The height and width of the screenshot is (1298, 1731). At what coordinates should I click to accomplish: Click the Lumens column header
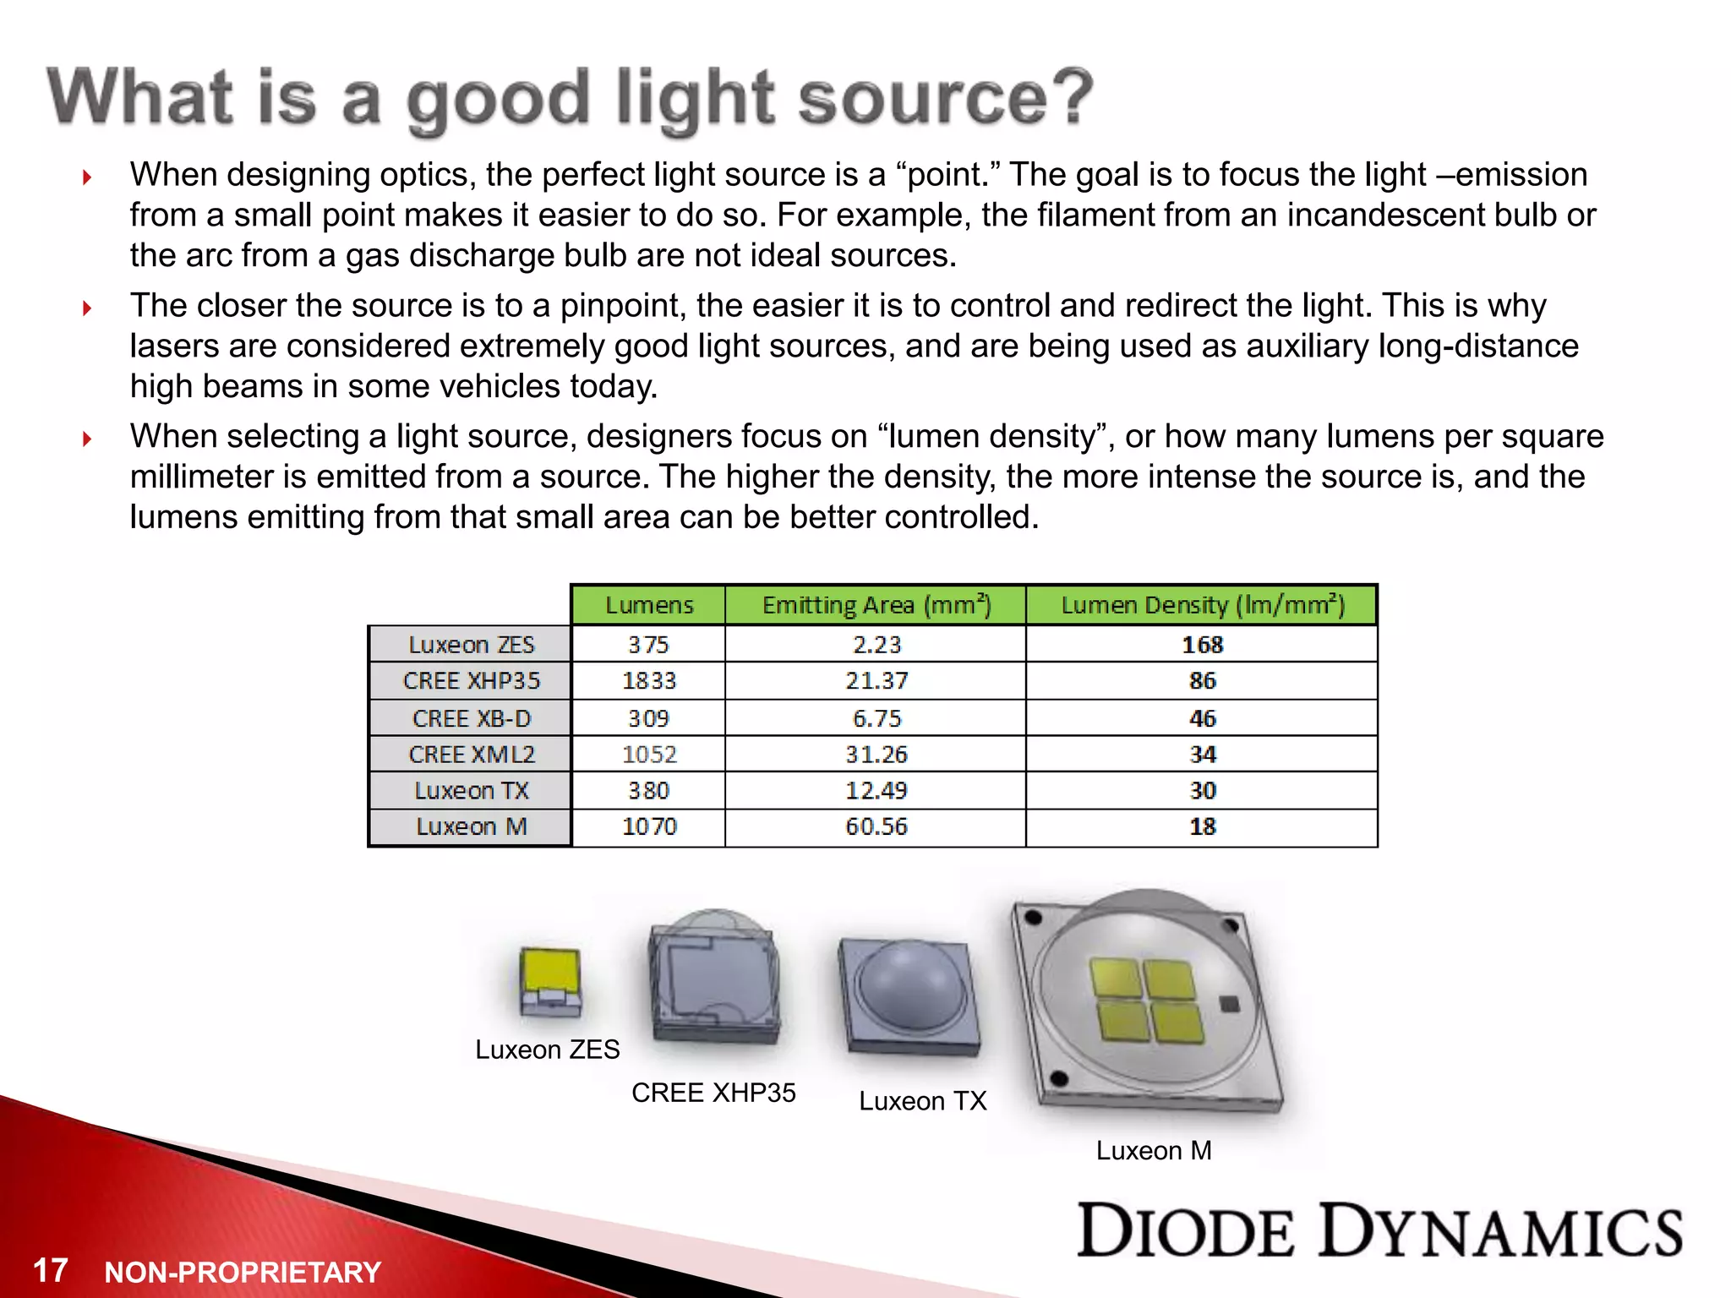tap(648, 605)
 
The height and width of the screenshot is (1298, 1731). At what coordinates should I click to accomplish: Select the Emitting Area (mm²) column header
tap(876, 605)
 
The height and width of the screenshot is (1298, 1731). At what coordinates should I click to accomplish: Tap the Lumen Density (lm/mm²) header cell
tap(1202, 605)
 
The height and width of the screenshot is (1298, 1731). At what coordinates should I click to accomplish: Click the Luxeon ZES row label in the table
tap(471, 645)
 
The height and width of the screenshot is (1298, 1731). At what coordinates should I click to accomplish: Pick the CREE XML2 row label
tap(471, 754)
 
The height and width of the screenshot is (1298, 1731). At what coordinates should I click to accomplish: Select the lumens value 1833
tap(649, 681)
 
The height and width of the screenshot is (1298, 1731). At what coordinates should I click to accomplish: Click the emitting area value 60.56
tap(876, 826)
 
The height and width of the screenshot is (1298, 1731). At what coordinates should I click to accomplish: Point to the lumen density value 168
tap(1202, 645)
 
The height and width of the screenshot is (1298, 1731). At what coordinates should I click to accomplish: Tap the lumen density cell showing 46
tap(1202, 718)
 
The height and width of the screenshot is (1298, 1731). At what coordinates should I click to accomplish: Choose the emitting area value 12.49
tap(876, 791)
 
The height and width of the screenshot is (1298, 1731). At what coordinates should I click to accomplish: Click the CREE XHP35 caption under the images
tap(713, 1093)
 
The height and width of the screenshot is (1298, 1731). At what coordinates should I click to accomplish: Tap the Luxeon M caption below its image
tap(1154, 1150)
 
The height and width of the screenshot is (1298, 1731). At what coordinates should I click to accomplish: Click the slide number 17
tap(50, 1270)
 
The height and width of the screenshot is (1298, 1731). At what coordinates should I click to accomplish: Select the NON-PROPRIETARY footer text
tap(243, 1272)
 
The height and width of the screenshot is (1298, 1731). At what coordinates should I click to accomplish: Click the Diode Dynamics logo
tap(1379, 1230)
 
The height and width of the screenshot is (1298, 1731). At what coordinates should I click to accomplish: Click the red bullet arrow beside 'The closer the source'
tap(87, 308)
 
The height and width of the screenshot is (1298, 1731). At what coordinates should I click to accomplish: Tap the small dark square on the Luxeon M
tap(1230, 1003)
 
